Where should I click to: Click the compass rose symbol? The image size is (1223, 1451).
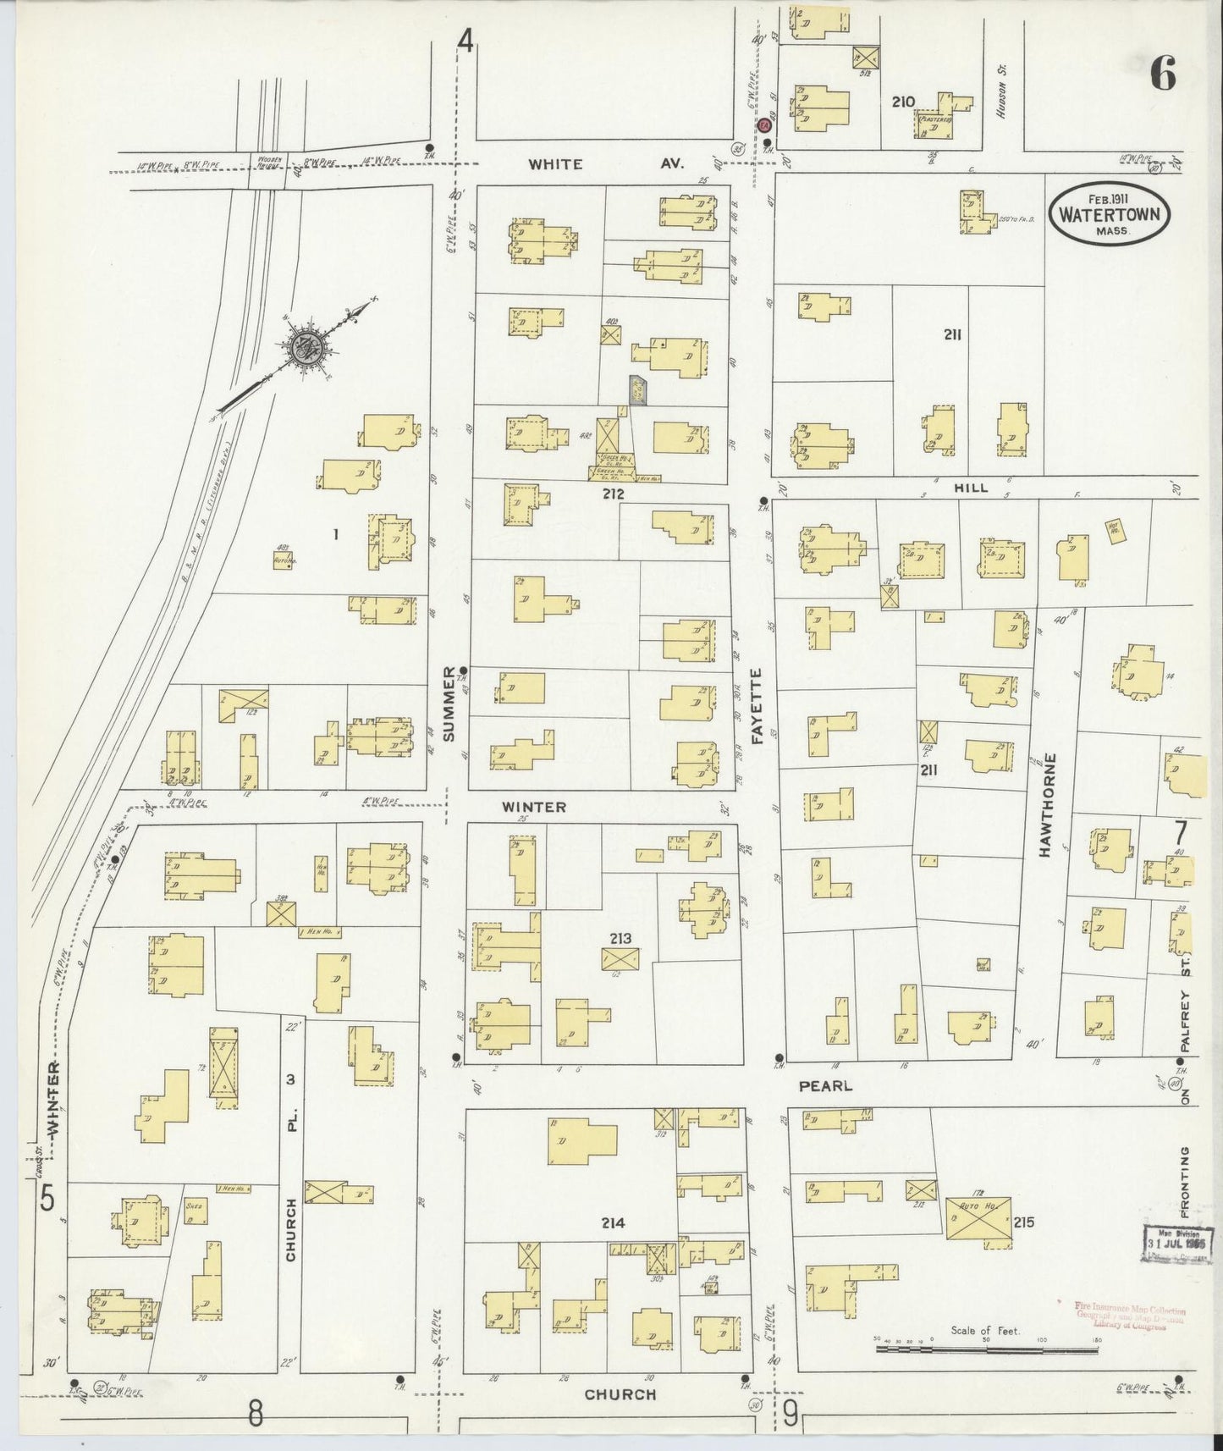[304, 347]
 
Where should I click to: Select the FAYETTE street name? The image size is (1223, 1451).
[756, 707]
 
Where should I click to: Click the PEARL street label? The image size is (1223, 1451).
[824, 1085]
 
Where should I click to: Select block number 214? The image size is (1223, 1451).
[613, 1222]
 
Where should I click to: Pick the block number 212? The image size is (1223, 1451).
[613, 494]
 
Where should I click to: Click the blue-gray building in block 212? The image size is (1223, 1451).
[637, 389]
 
